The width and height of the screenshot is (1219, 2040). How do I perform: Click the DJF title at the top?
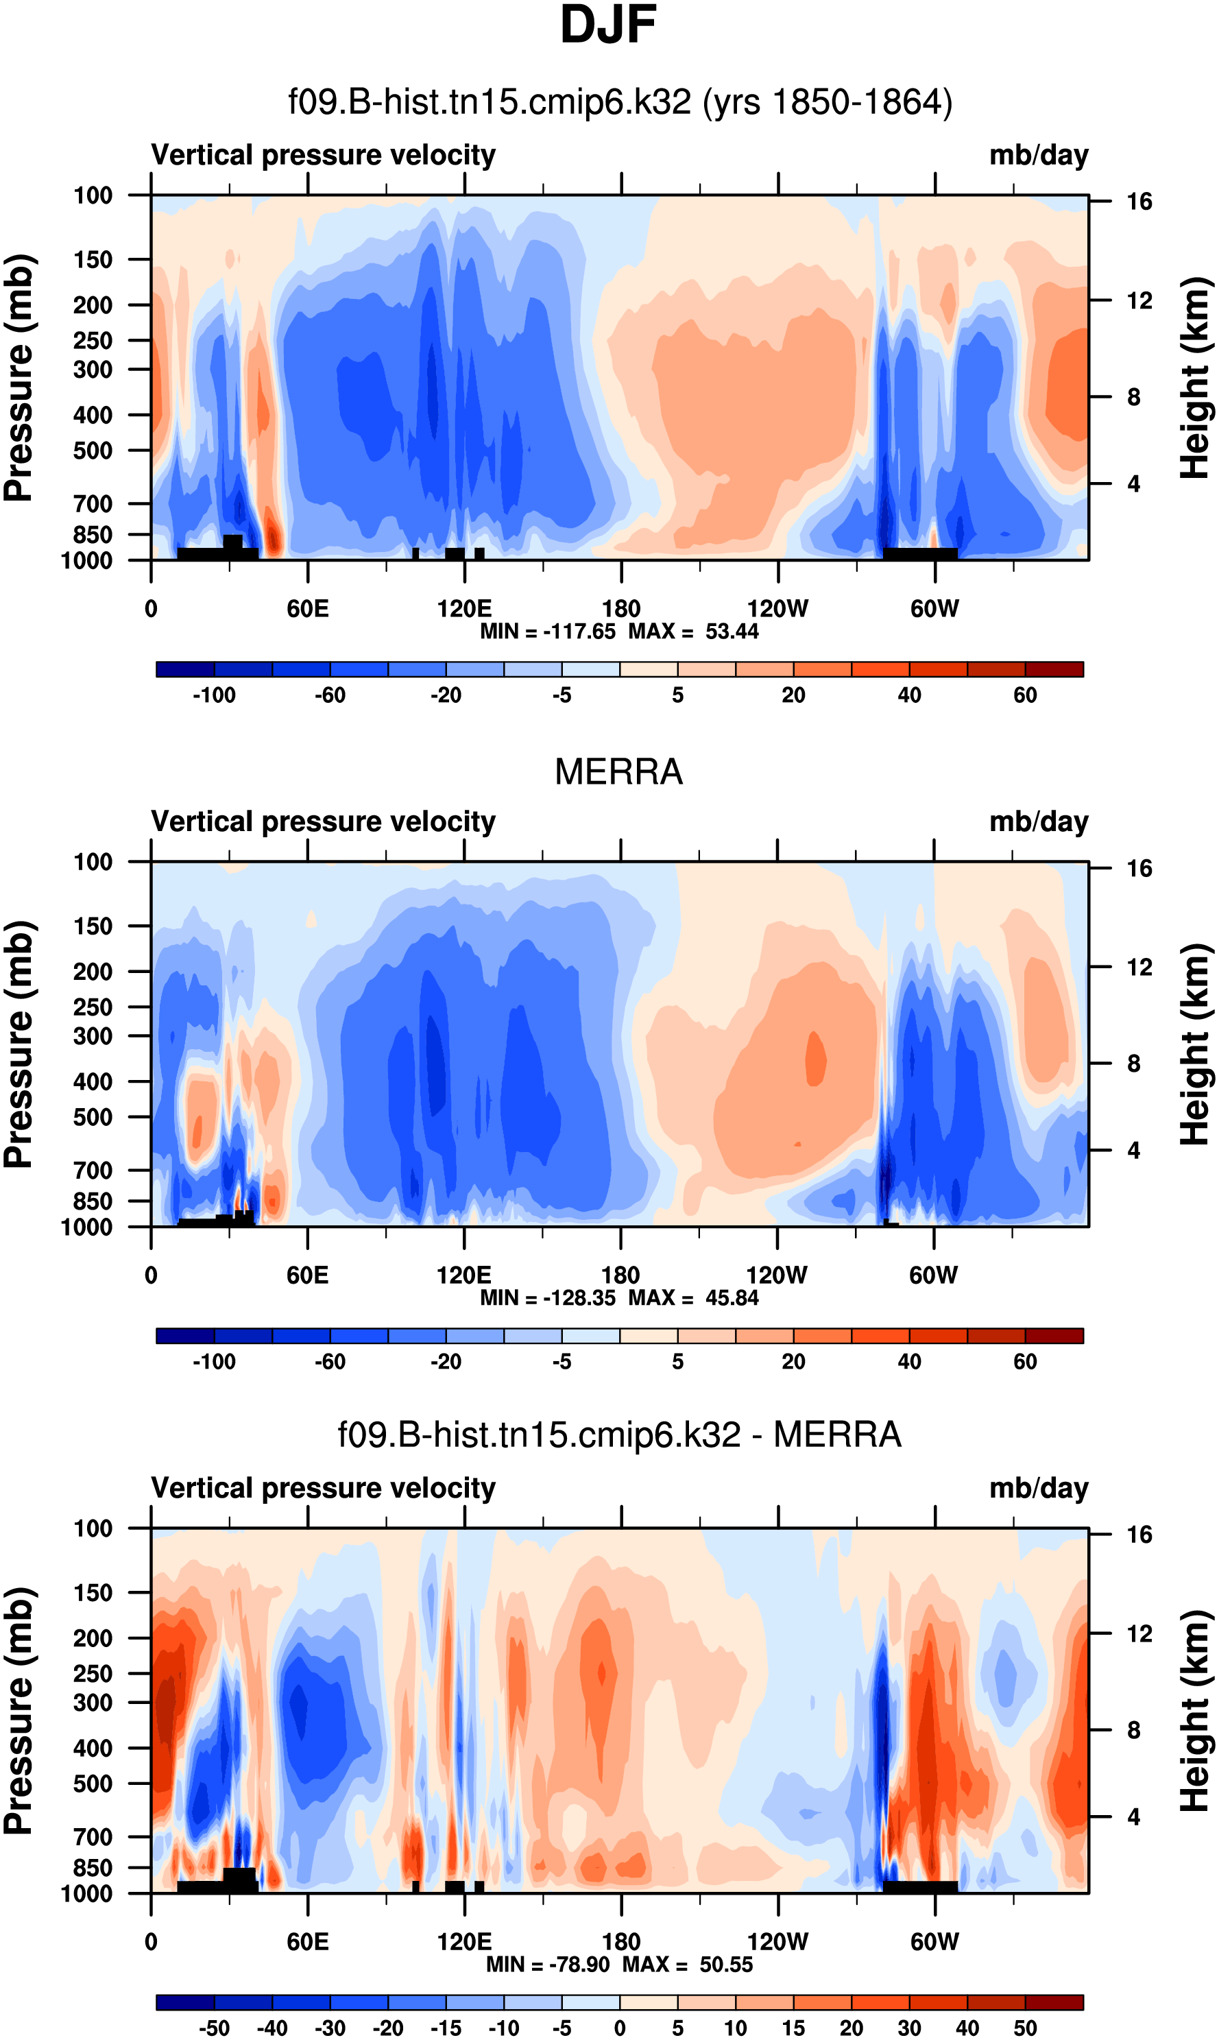[608, 25]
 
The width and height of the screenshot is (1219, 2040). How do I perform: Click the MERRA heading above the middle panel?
[618, 772]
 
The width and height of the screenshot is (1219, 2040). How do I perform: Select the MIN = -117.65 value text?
[548, 632]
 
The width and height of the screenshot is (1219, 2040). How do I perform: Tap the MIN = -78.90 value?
[548, 1965]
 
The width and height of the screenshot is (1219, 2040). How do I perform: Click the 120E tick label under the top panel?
[464, 609]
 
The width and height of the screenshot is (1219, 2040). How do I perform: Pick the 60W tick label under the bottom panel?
[934, 1942]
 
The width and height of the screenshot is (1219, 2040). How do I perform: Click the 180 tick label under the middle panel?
[620, 1275]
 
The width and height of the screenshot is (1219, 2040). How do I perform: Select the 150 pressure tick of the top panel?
[93, 260]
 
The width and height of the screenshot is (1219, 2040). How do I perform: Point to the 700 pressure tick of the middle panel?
[93, 1170]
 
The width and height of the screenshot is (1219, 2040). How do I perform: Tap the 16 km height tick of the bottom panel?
[1139, 1535]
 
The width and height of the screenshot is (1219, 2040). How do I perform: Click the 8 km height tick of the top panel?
[1133, 398]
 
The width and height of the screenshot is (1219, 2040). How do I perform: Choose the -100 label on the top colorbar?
[214, 695]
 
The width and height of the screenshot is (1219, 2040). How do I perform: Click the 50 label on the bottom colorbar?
[1024, 2028]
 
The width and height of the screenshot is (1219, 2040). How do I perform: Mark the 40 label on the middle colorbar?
[908, 1361]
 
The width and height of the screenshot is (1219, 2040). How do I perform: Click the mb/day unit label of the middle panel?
[1038, 821]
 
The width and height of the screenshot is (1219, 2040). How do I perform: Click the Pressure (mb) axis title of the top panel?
[18, 378]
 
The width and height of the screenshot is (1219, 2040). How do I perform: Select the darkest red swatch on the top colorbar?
[1054, 669]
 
